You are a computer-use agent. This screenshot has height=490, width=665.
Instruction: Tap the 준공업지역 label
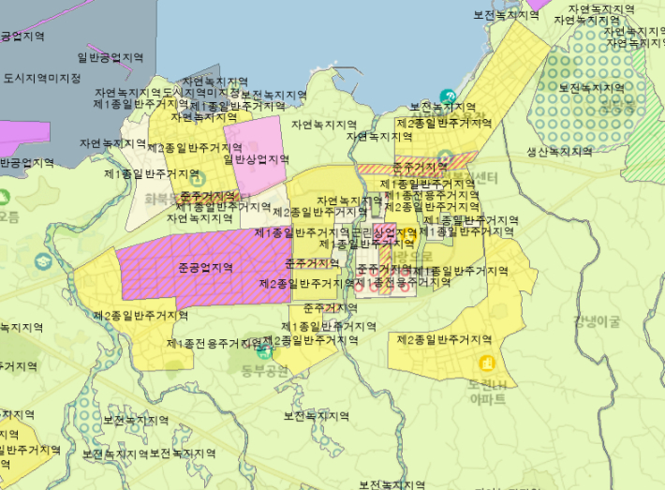pyautogui.click(x=204, y=268)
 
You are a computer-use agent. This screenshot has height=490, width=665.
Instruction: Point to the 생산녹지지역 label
pyautogui.click(x=559, y=152)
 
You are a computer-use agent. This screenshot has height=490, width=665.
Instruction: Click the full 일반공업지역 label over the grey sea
pyautogui.click(x=111, y=58)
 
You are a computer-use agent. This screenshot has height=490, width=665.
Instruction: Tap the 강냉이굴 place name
pyautogui.click(x=598, y=321)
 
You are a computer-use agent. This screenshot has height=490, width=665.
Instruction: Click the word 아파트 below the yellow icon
pyautogui.click(x=486, y=398)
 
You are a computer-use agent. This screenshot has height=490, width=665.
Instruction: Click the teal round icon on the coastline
pyautogui.click(x=448, y=96)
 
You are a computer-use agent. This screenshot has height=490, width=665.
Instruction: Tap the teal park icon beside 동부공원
pyautogui.click(x=265, y=351)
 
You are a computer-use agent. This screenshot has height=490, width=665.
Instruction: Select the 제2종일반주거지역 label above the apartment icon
pyautogui.click(x=444, y=339)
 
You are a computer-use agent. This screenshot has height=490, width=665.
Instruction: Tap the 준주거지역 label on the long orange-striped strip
pyautogui.click(x=421, y=166)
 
